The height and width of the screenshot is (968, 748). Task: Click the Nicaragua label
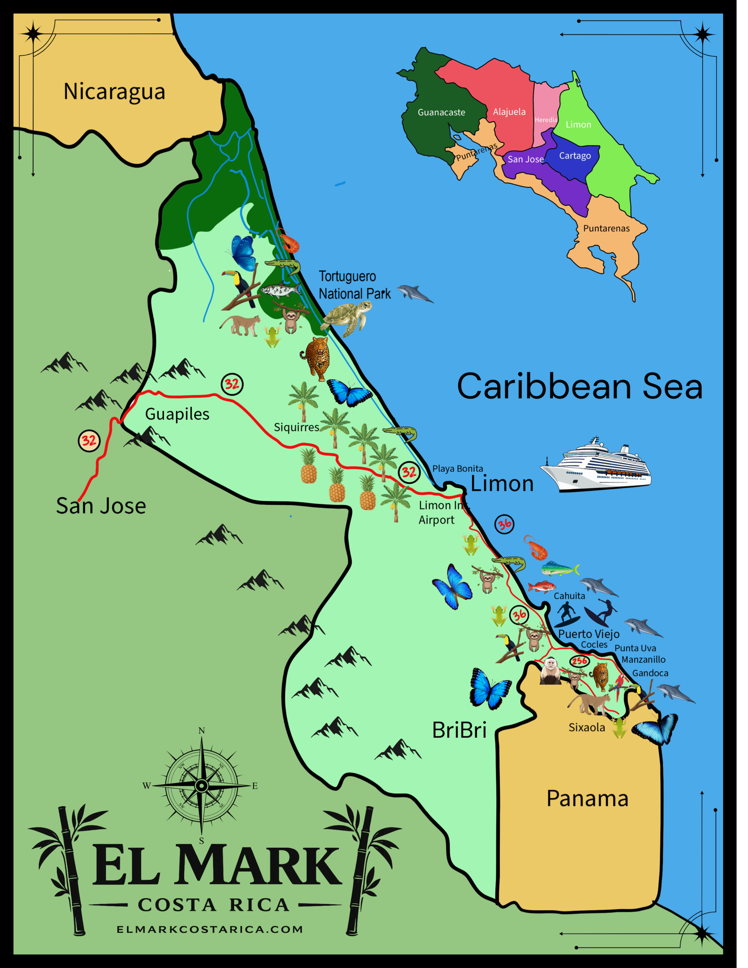click(x=114, y=92)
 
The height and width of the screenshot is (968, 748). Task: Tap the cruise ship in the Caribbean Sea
click(x=597, y=465)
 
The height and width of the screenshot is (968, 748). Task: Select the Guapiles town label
click(x=177, y=414)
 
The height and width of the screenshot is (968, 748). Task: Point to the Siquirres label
click(x=296, y=427)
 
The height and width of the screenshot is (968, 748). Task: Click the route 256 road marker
click(x=579, y=661)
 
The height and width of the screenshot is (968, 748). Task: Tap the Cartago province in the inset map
click(x=575, y=156)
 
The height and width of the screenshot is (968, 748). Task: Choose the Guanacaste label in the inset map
click(x=441, y=112)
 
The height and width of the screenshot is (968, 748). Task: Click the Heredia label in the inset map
click(x=546, y=120)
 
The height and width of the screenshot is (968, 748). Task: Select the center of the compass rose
click(x=201, y=786)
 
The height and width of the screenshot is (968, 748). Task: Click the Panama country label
click(x=587, y=798)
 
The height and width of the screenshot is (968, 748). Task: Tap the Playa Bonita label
click(x=457, y=468)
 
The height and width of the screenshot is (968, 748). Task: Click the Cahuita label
click(x=569, y=596)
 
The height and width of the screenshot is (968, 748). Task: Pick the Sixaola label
click(x=586, y=727)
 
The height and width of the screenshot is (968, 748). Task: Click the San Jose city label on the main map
click(x=101, y=506)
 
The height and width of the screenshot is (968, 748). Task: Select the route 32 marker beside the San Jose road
click(x=89, y=440)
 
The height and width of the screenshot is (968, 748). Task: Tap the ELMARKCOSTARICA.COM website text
click(x=210, y=929)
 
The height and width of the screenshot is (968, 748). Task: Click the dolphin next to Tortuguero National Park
click(x=414, y=294)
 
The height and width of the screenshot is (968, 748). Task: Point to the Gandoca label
click(x=650, y=673)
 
